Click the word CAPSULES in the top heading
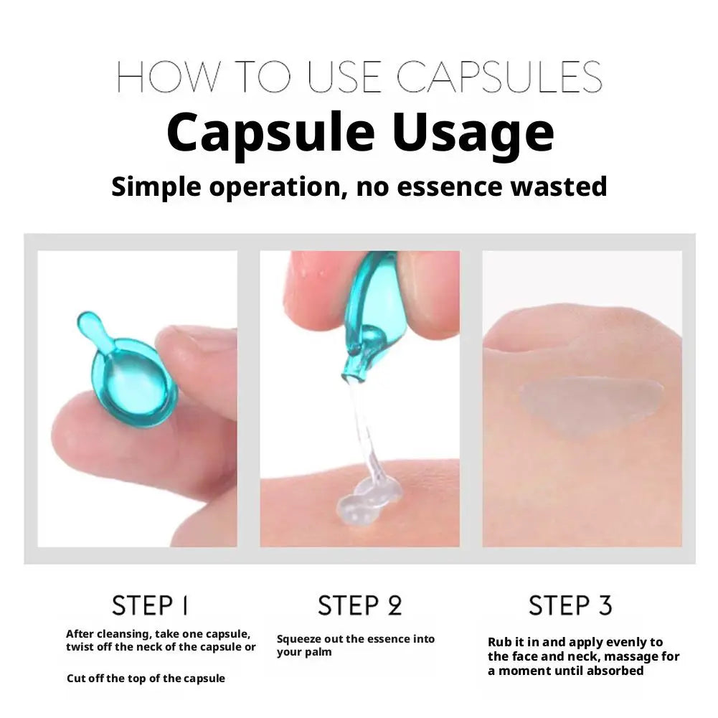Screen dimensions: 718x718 click(499, 77)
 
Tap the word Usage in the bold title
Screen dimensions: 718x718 click(473, 132)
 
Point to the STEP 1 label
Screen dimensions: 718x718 click(150, 605)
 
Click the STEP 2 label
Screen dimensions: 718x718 click(360, 605)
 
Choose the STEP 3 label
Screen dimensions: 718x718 click(570, 605)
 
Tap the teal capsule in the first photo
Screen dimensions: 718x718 click(126, 367)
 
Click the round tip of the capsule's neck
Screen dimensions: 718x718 click(87, 322)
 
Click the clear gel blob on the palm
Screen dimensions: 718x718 click(368, 502)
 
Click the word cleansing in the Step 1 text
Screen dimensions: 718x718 click(121, 635)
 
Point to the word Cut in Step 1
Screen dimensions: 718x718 click(77, 679)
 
